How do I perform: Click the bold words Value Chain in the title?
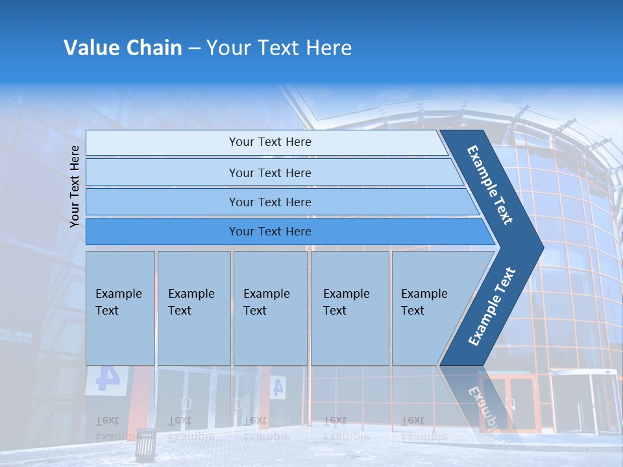coord(123,48)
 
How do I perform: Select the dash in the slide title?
coord(194,49)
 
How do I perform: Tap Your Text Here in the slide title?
coord(279,48)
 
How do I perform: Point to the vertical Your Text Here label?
coord(75,186)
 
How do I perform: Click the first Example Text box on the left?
coord(120,308)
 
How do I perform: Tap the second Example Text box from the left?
coord(194,308)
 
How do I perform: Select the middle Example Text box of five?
coord(270,308)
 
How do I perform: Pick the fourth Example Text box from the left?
coord(350,308)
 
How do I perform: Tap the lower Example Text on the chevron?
coord(492,306)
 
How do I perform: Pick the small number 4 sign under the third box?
coord(277,387)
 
